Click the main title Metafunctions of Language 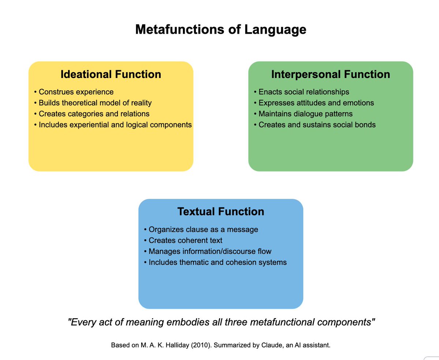click(221, 30)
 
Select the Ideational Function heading click(110, 74)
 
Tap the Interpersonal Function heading click(330, 74)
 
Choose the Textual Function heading click(221, 212)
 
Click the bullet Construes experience click(74, 92)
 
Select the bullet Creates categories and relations click(91, 114)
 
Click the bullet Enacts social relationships click(301, 92)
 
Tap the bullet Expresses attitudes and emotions click(314, 103)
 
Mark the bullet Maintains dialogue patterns click(303, 114)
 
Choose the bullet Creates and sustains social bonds click(314, 125)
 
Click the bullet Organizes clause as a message click(201, 230)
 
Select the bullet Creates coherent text click(183, 241)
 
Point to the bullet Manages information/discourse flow click(207, 252)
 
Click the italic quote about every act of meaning click(221, 322)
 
